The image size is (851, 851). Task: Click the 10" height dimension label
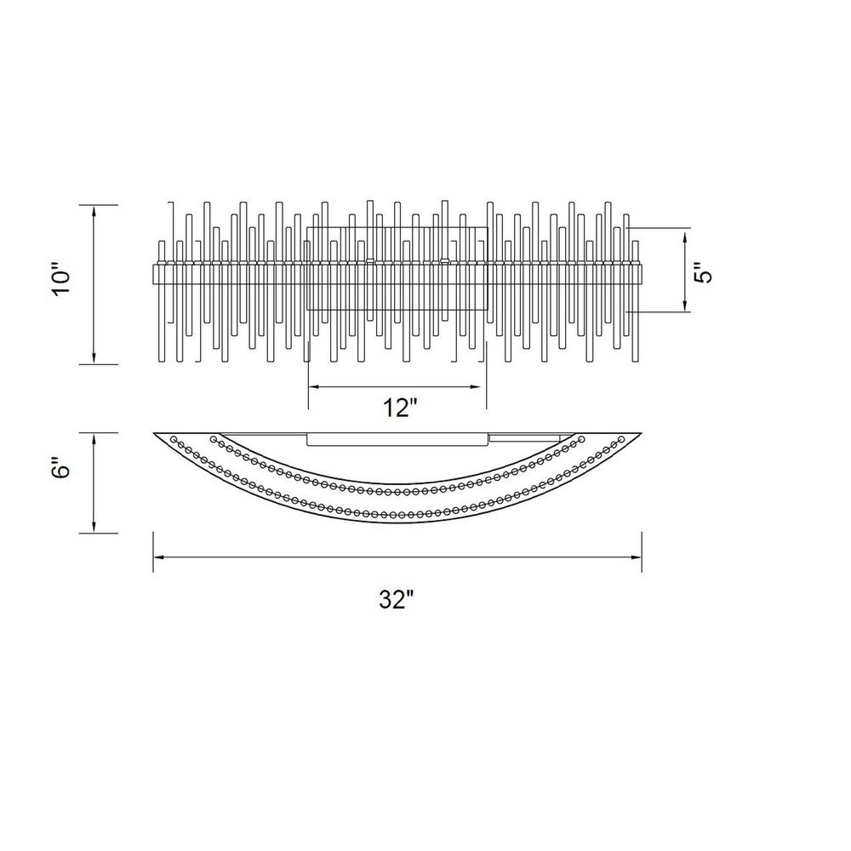62,280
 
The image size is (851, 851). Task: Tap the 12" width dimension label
401,408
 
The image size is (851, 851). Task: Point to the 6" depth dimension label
62,465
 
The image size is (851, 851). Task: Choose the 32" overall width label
397,600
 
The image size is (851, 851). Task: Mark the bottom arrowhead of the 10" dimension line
94,357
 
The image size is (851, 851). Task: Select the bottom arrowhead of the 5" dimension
685,304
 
